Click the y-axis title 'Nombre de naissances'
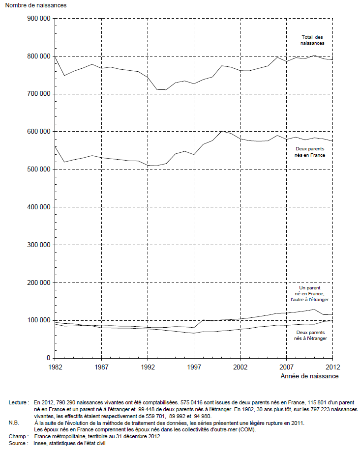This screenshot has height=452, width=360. [x=36, y=5]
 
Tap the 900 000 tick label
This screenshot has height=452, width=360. [x=39, y=19]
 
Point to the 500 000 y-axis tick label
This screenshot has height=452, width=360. [x=39, y=169]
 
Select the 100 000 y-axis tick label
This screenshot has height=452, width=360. [x=39, y=320]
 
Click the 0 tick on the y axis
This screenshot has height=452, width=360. [x=49, y=358]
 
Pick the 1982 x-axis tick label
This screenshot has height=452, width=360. [x=55, y=367]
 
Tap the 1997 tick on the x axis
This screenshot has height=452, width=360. [x=194, y=367]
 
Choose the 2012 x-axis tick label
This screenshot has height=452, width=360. [x=333, y=367]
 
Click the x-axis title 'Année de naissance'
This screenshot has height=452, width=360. [x=309, y=376]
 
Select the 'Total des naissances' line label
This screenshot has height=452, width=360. [x=312, y=40]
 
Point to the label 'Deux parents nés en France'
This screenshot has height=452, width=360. [x=310, y=152]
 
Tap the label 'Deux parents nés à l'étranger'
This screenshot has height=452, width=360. [x=310, y=336]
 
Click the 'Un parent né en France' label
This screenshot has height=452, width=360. [x=310, y=291]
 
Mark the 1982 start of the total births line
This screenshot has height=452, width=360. [x=55, y=57]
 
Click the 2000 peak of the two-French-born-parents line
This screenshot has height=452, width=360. [x=221, y=131]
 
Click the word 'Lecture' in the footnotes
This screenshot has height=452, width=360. [x=18, y=402]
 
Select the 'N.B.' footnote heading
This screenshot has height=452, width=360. [x=14, y=423]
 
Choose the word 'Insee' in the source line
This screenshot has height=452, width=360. [x=39, y=443]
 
